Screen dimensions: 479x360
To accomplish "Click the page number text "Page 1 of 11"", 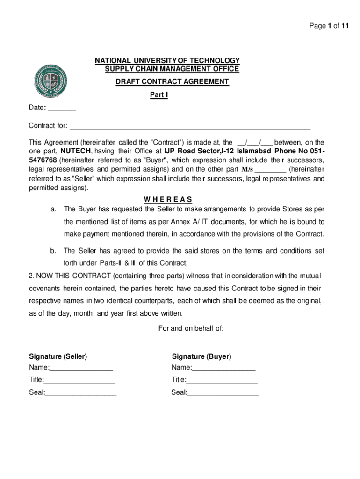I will (329, 26).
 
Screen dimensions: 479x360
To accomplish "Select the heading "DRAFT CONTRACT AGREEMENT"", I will (173, 82).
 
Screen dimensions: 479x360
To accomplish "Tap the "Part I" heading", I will (158, 95).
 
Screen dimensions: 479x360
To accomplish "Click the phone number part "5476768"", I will (43, 160).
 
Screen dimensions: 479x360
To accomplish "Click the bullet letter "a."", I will (54, 209).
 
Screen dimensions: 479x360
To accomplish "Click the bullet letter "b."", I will (54, 251).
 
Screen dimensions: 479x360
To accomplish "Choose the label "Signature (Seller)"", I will (58, 356).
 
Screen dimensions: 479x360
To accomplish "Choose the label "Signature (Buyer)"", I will (202, 356).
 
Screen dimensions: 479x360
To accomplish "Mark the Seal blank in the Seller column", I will (81, 393).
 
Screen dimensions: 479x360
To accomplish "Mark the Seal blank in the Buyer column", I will (223, 393).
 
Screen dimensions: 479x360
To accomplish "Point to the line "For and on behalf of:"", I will (191, 328).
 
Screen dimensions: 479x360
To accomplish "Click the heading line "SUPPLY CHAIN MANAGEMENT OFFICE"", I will (172, 69).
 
